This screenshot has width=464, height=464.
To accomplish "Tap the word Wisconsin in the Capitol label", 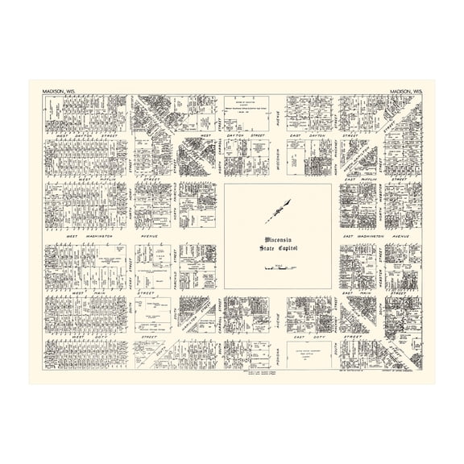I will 277,239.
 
